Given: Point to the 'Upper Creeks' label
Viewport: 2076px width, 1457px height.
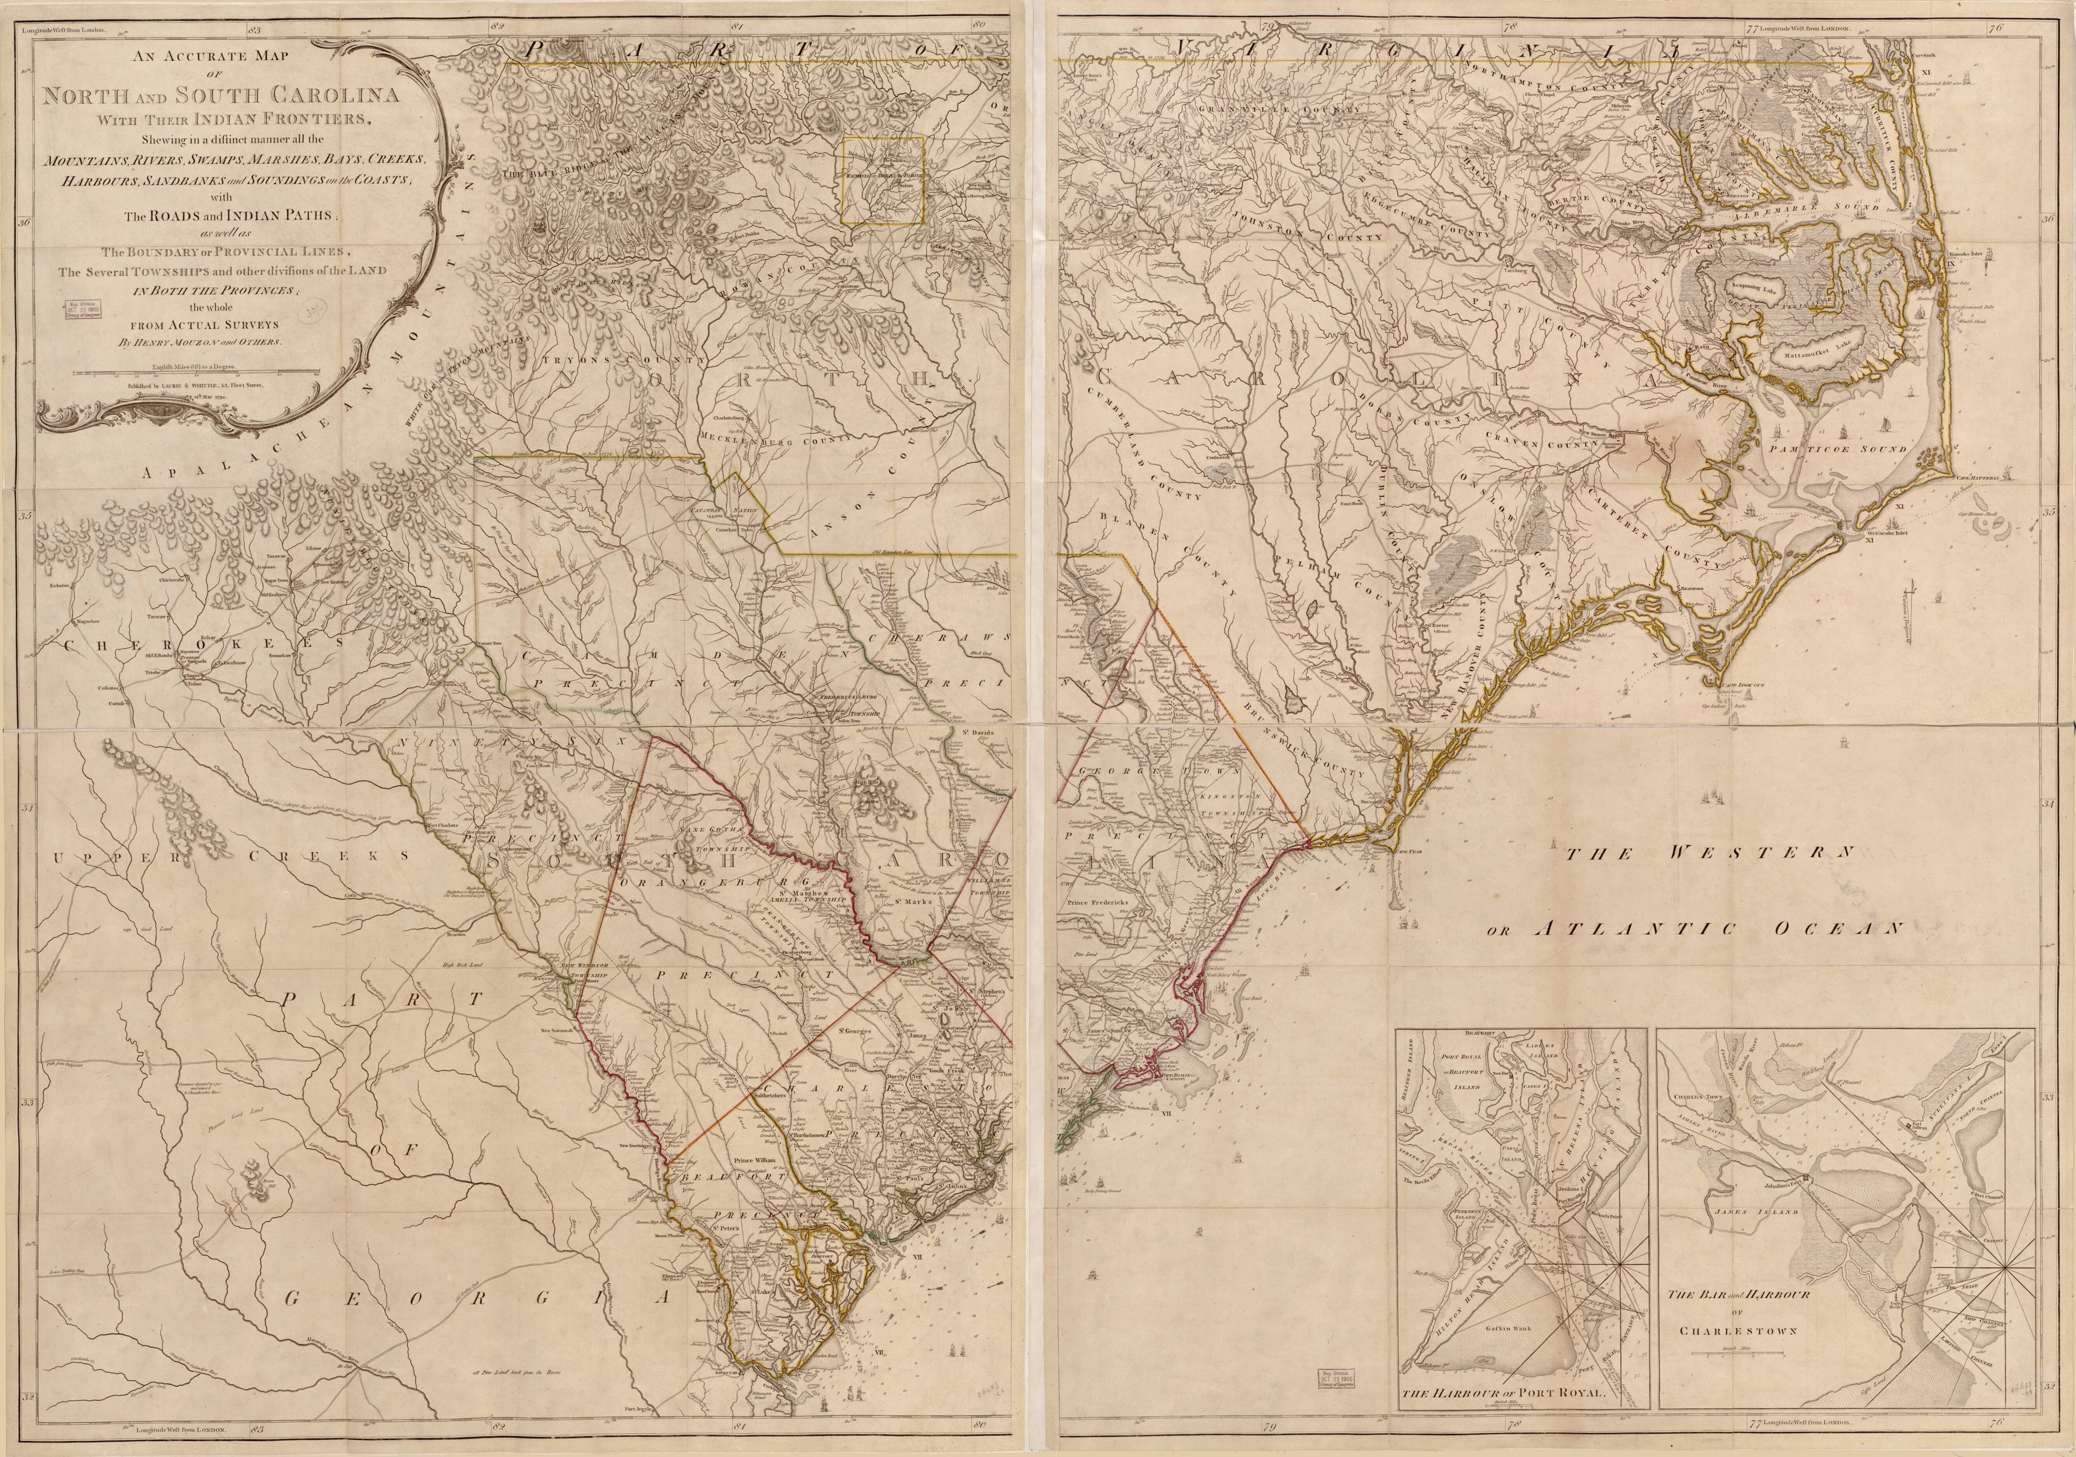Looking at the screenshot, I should coord(230,855).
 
